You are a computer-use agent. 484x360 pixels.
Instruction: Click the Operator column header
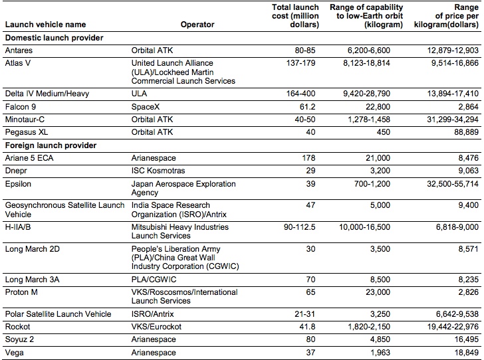click(197, 25)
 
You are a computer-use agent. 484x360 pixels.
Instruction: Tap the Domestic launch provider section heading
click(54, 38)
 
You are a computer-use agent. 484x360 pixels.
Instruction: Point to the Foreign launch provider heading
click(51, 145)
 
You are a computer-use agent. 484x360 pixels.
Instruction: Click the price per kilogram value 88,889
click(464, 132)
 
